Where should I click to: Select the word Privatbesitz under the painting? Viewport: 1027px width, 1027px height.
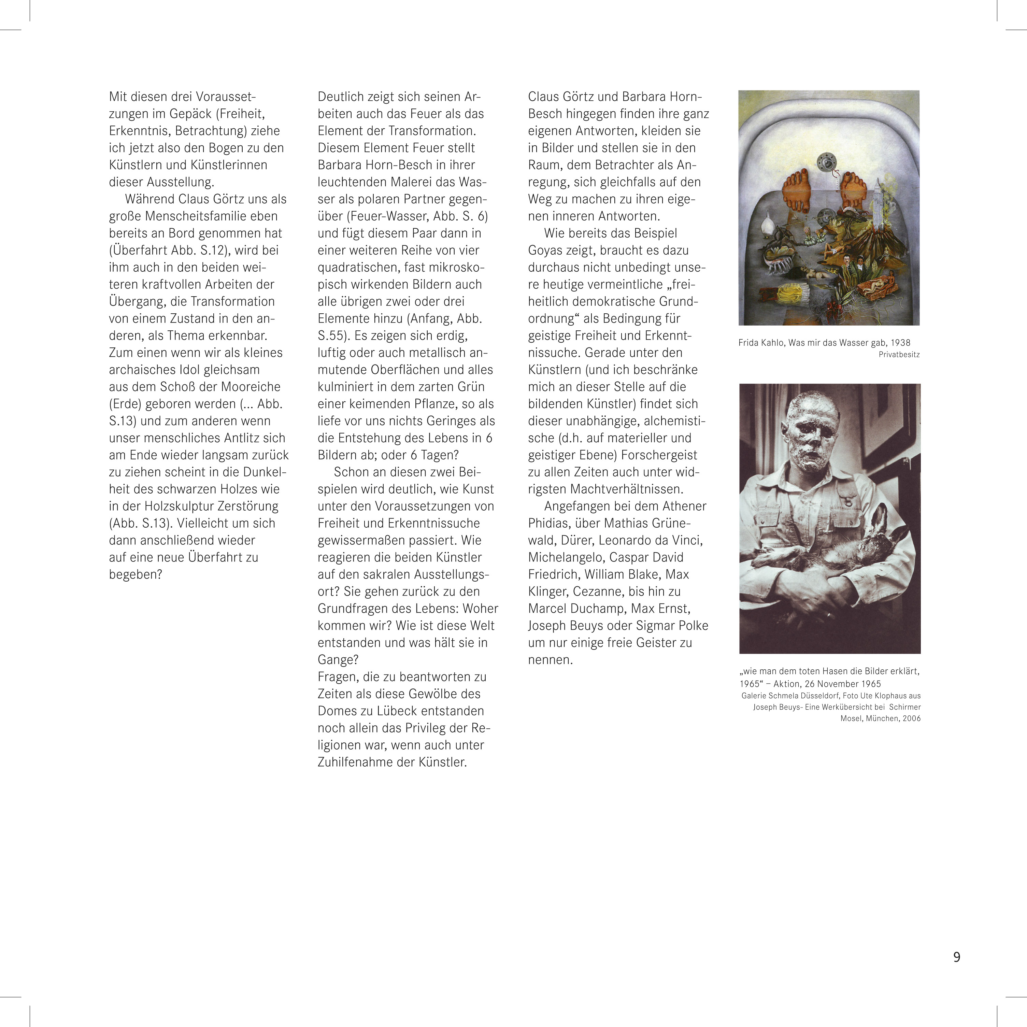click(x=899, y=355)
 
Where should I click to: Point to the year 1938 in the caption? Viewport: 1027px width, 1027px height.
click(x=900, y=343)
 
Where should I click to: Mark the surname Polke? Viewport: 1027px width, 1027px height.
click(x=690, y=626)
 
